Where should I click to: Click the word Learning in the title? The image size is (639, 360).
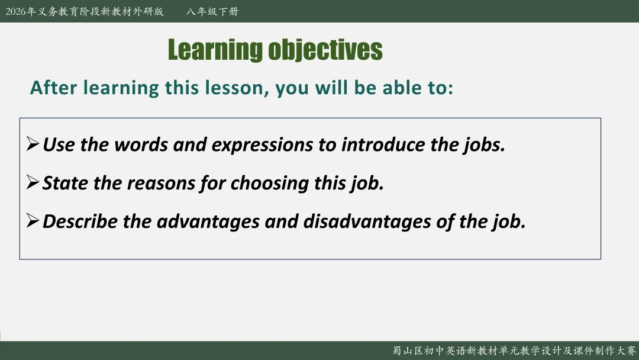[215, 50]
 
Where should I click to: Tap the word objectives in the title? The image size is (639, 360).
[325, 50]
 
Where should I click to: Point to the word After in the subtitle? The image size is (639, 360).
[53, 88]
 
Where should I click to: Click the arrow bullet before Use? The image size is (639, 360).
[33, 143]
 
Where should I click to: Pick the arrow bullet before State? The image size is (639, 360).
[33, 182]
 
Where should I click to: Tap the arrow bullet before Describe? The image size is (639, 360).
[33, 220]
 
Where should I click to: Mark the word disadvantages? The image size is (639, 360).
[367, 222]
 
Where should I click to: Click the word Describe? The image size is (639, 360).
[80, 221]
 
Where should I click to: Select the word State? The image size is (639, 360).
[65, 183]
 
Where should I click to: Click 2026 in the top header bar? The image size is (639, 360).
[15, 11]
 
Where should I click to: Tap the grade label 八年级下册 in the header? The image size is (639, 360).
[212, 11]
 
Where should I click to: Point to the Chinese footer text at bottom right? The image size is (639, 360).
[514, 351]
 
